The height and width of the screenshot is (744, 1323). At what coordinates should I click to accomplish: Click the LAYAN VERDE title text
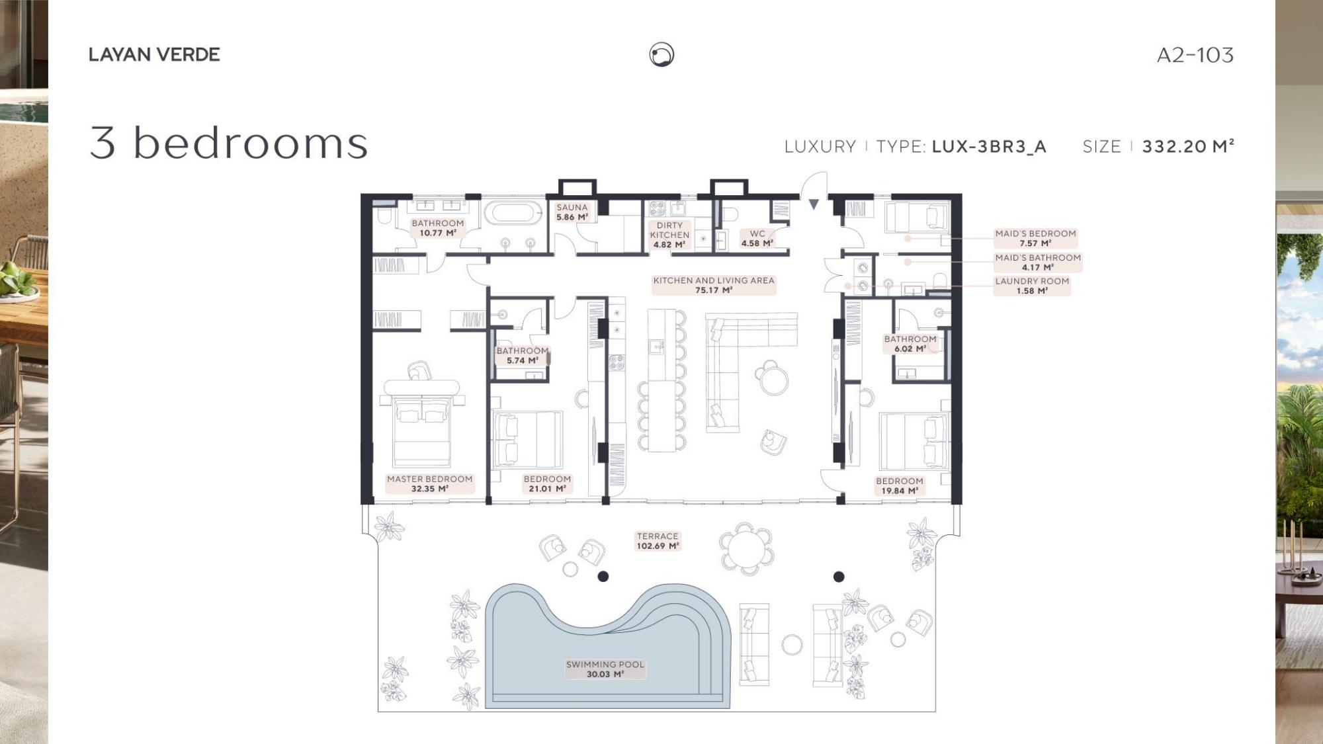[154, 55]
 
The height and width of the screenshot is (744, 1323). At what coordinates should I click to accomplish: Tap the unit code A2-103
[1195, 55]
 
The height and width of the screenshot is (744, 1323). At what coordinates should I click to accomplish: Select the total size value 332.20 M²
[1188, 146]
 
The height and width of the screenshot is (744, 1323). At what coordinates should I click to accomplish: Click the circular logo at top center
[661, 54]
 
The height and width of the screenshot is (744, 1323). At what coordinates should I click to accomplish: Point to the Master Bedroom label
[430, 483]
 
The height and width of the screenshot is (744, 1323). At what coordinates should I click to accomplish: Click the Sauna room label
[572, 212]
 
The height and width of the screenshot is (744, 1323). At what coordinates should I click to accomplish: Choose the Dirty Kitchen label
[669, 235]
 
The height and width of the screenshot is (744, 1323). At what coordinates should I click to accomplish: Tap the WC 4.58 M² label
[757, 238]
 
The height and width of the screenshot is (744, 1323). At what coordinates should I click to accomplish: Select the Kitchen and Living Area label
[714, 285]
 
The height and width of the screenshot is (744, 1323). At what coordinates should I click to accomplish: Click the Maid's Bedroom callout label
[1036, 238]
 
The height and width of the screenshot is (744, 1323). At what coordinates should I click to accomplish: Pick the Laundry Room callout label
[1032, 286]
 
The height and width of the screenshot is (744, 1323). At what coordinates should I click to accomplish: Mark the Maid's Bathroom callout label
[1038, 262]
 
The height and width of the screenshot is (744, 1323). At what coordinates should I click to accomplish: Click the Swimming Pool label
[605, 669]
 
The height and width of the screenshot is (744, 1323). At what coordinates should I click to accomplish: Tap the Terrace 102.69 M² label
[658, 541]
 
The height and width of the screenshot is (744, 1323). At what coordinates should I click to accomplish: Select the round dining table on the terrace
[746, 548]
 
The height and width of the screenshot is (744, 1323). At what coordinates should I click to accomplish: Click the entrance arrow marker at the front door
[814, 204]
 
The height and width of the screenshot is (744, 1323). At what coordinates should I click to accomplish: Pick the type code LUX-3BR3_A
[989, 146]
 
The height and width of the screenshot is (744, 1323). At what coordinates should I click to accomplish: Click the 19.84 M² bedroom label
[900, 486]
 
